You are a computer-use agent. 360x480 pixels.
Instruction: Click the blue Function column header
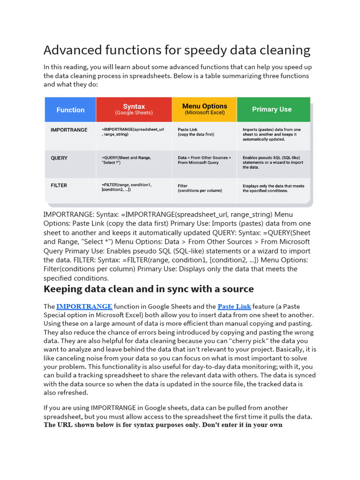click(x=70, y=110)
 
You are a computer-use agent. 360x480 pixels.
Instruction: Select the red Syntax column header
click(x=134, y=109)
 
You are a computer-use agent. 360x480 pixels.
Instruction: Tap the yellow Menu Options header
click(x=204, y=109)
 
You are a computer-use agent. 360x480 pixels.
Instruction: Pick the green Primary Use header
click(x=272, y=109)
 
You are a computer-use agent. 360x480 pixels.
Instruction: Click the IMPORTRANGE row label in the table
click(x=69, y=130)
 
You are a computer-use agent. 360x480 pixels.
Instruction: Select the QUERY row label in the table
click(x=59, y=158)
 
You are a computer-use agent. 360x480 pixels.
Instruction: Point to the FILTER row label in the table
click(x=59, y=186)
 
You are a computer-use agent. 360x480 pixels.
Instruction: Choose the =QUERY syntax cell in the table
click(x=126, y=160)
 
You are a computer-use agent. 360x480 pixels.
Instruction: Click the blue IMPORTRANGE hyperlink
click(x=84, y=307)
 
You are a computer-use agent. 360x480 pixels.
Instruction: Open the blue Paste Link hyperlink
click(x=234, y=307)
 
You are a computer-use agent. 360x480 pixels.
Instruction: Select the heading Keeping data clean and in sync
click(x=149, y=289)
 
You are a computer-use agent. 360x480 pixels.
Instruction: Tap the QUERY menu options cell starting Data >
click(x=204, y=160)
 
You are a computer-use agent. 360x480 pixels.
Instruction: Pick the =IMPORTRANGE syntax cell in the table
click(x=133, y=132)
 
